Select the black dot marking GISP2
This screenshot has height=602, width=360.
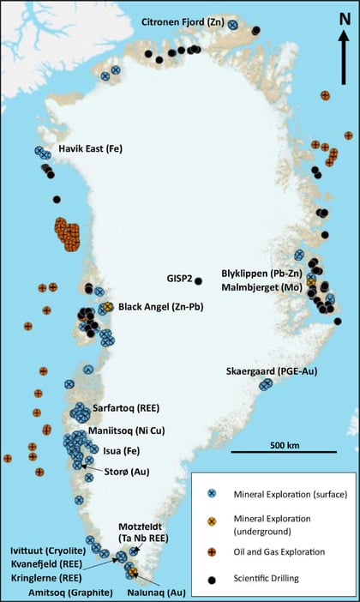(x=199, y=280)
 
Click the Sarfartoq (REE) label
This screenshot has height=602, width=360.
(x=123, y=408)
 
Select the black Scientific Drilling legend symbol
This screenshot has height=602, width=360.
(x=211, y=579)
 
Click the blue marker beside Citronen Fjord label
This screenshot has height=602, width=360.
(x=232, y=26)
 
